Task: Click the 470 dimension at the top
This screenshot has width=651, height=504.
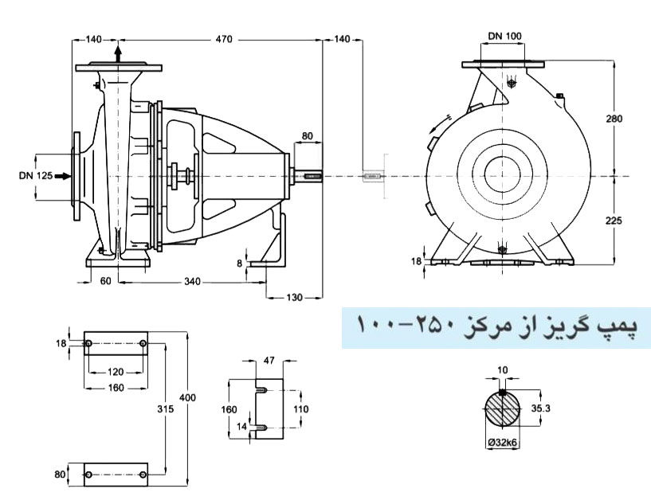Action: coord(222,39)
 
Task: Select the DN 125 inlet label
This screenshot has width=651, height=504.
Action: coord(35,175)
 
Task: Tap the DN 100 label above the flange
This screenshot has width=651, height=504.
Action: coord(504,36)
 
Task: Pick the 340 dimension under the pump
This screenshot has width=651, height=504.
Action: coord(192,281)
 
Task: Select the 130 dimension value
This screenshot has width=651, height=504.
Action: coord(295,297)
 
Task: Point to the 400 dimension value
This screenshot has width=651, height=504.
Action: coord(196,397)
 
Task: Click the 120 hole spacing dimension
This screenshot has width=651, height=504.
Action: coord(116,373)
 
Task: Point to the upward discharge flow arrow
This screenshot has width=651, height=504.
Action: coord(118,54)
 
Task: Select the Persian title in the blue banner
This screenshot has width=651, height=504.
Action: coord(496,326)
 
